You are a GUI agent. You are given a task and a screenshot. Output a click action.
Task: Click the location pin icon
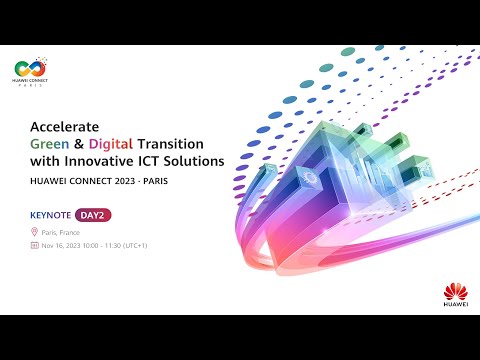(35, 231)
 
